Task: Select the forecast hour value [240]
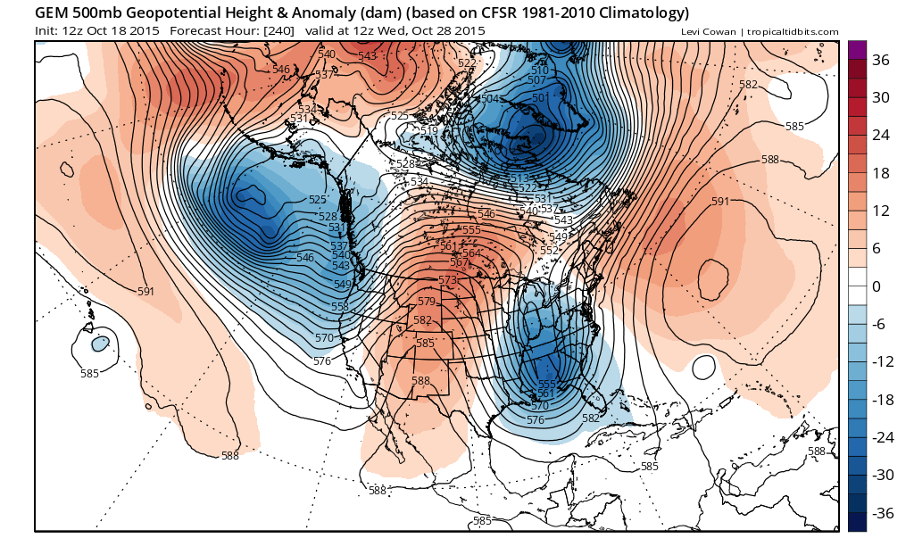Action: click(278, 30)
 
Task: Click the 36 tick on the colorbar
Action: click(881, 60)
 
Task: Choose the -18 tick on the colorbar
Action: click(881, 400)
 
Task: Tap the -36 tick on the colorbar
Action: click(881, 513)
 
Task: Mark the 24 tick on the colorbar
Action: click(881, 136)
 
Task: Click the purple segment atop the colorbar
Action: click(856, 50)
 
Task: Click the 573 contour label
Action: click(447, 280)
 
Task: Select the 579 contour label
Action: click(427, 302)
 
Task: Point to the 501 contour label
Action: click(540, 98)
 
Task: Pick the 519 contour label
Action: click(428, 131)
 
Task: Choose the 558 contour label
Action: click(340, 307)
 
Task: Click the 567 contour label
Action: click(459, 262)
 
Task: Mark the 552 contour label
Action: click(548, 251)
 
